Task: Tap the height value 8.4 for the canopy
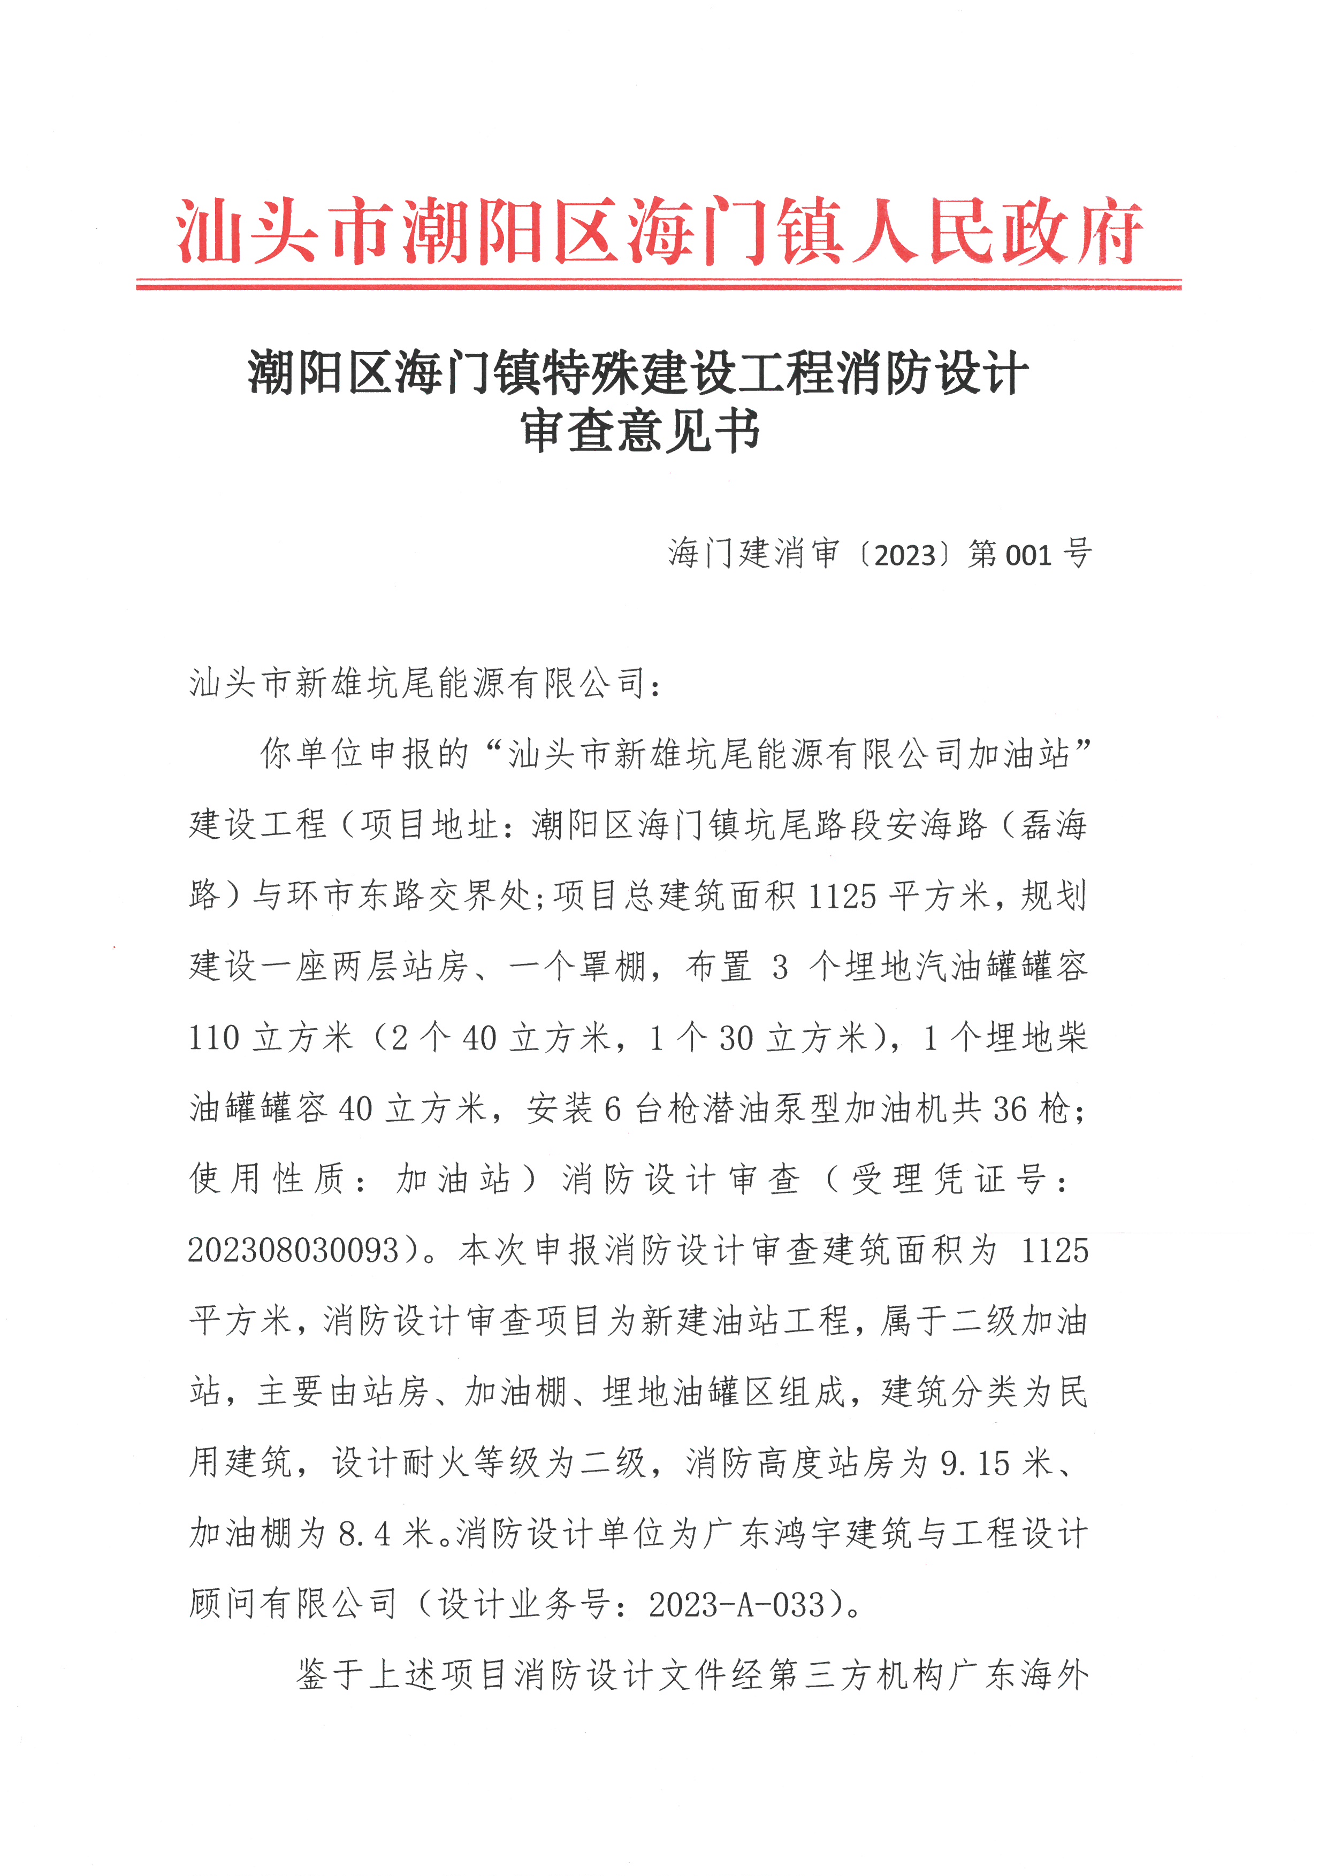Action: [364, 1534]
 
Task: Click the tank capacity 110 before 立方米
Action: [214, 1038]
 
